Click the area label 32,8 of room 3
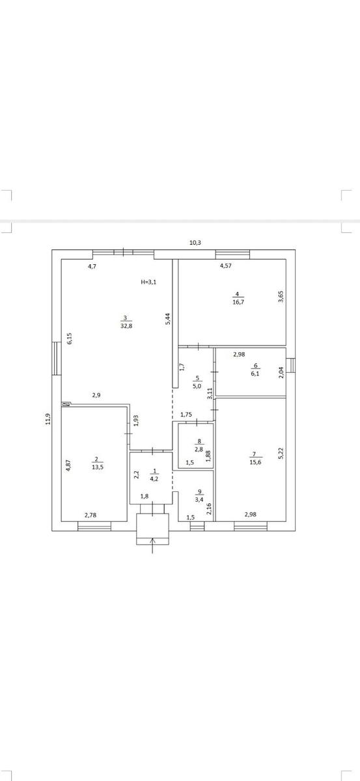pyautogui.click(x=126, y=326)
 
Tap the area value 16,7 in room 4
pyautogui.click(x=238, y=302)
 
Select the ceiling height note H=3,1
pyautogui.click(x=148, y=282)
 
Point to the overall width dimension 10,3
pyautogui.click(x=195, y=243)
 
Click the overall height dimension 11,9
pyautogui.click(x=48, y=418)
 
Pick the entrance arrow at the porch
pyautogui.click(x=152, y=545)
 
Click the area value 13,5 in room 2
pyautogui.click(x=98, y=467)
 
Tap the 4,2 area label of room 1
pyautogui.click(x=154, y=479)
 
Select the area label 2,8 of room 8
pyautogui.click(x=199, y=450)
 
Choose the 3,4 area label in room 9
pyautogui.click(x=199, y=499)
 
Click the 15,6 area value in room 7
pyautogui.click(x=255, y=462)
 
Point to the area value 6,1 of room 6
pyautogui.click(x=255, y=374)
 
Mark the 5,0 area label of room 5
pyautogui.click(x=197, y=386)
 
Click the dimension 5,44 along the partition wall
pyautogui.click(x=167, y=319)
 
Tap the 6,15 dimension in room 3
pyautogui.click(x=69, y=338)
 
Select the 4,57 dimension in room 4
pyautogui.click(x=225, y=266)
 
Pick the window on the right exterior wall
pyautogui.click(x=290, y=365)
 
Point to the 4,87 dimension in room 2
pyautogui.click(x=69, y=466)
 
